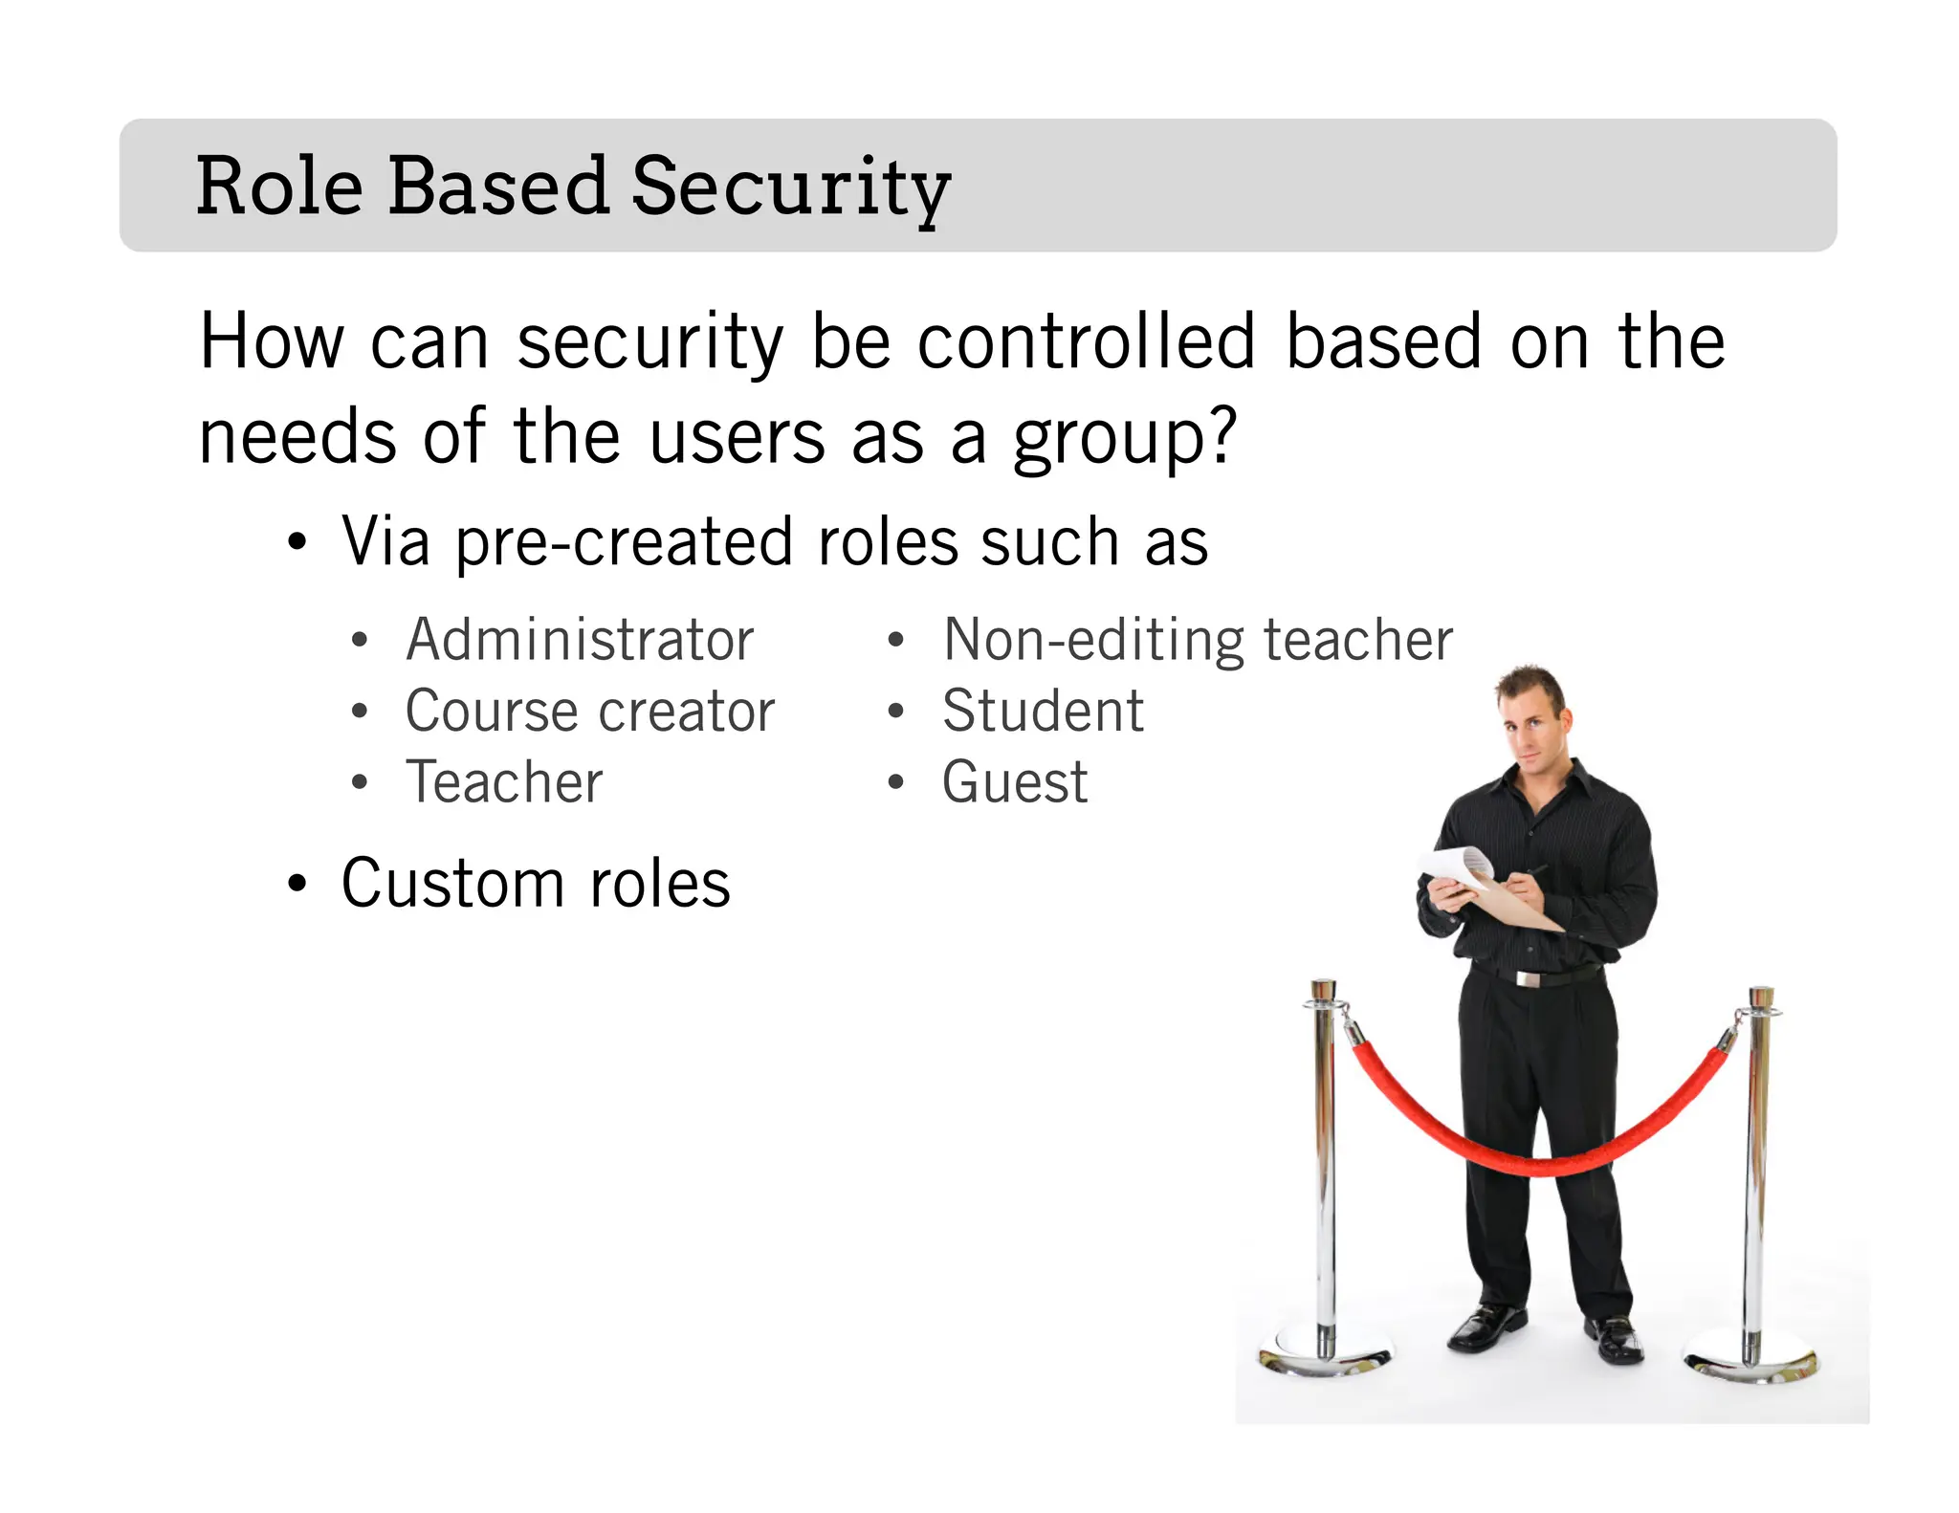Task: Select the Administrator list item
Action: click(580, 639)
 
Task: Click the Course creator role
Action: click(589, 711)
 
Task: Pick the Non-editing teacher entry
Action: click(1198, 639)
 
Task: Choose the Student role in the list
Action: click(1043, 711)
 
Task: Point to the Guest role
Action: click(1015, 782)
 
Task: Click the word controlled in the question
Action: click(1086, 341)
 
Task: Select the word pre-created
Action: click(625, 542)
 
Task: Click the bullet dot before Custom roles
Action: click(297, 885)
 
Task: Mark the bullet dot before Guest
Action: click(895, 783)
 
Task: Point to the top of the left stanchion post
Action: click(1324, 987)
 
